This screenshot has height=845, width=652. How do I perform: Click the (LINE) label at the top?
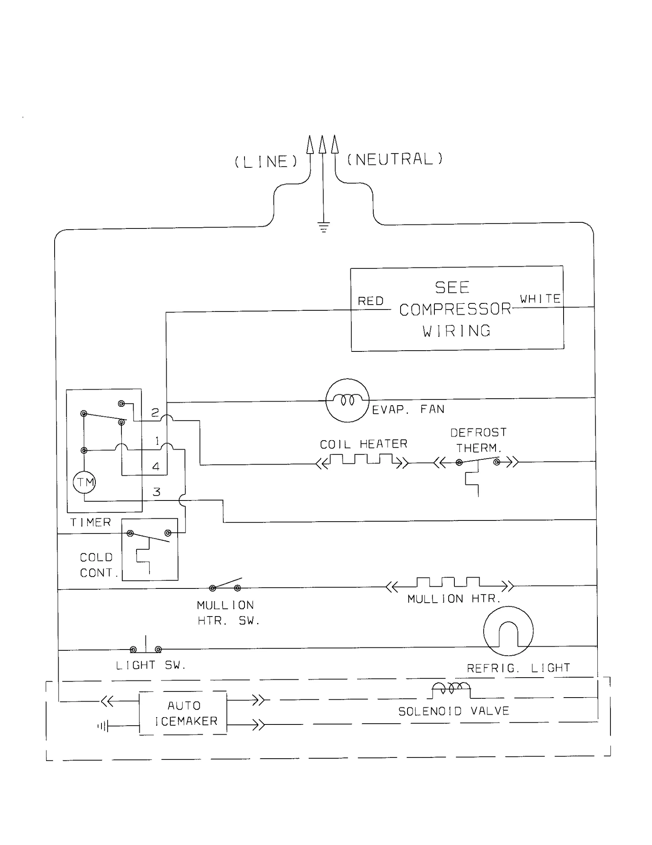pyautogui.click(x=266, y=162)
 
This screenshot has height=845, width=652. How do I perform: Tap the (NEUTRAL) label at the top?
pyautogui.click(x=394, y=159)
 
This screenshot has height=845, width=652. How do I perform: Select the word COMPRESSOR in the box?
pyautogui.click(x=455, y=309)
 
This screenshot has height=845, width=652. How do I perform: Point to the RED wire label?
pyautogui.click(x=370, y=301)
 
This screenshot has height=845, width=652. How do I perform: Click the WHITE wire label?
pyautogui.click(x=540, y=298)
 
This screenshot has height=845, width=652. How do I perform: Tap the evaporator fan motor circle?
pyautogui.click(x=347, y=400)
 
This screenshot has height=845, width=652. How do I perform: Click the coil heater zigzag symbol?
pyautogui.click(x=361, y=460)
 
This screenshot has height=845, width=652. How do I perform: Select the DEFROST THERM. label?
pyautogui.click(x=478, y=440)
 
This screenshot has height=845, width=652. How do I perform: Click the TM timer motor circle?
pyautogui.click(x=84, y=483)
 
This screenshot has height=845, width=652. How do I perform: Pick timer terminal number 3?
pyautogui.click(x=156, y=492)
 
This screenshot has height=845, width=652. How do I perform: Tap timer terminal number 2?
pyautogui.click(x=155, y=413)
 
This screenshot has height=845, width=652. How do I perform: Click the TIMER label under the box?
pyautogui.click(x=90, y=522)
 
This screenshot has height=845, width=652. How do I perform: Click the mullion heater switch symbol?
pyautogui.click(x=225, y=585)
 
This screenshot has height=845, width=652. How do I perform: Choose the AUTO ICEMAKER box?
pyautogui.click(x=183, y=713)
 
